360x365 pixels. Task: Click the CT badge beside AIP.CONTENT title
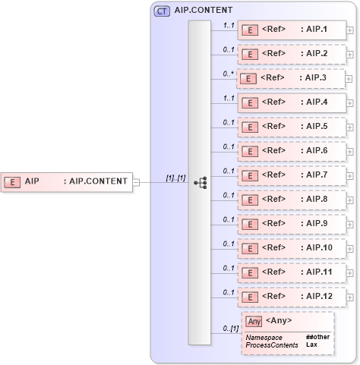[x=162, y=11]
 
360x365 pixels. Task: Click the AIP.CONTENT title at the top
[x=203, y=11]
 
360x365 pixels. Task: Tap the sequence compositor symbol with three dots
[x=201, y=183]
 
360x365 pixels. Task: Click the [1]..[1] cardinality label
[x=175, y=178]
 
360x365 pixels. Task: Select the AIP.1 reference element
[x=292, y=30]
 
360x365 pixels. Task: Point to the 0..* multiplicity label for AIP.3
[x=227, y=74]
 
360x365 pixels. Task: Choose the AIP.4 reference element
[x=292, y=102]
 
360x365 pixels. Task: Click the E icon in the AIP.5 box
[x=248, y=127]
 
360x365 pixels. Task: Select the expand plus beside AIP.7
[x=349, y=175]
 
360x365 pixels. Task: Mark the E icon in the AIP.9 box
[x=248, y=224]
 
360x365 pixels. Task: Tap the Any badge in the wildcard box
[x=254, y=321]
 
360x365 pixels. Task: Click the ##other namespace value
[x=317, y=336]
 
